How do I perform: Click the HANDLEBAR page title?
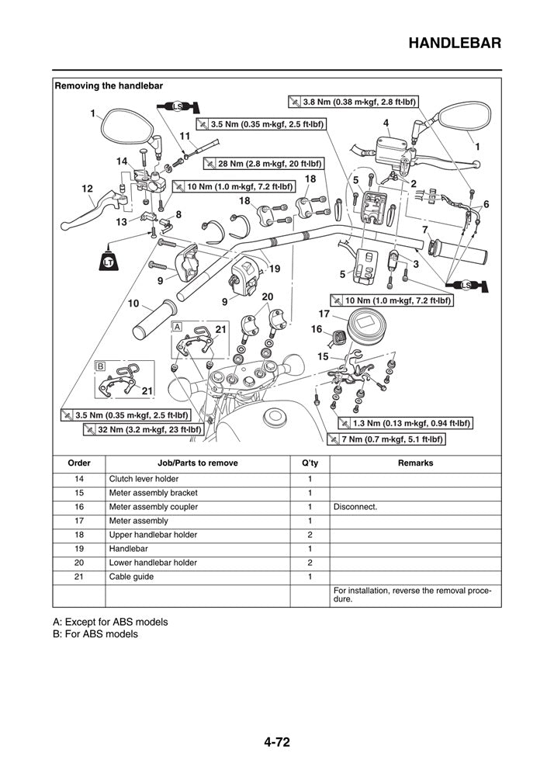click(x=453, y=43)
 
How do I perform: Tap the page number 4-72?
click(x=276, y=742)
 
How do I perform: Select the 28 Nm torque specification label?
click(x=263, y=164)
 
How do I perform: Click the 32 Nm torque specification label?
click(x=144, y=429)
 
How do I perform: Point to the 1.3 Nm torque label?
click(x=405, y=424)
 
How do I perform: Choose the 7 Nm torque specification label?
click(x=392, y=439)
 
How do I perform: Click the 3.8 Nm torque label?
click(x=353, y=102)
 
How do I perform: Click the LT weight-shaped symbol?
click(x=109, y=262)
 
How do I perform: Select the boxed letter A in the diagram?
click(x=177, y=327)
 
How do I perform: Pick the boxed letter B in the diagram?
click(x=100, y=366)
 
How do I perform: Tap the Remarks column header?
click(x=414, y=463)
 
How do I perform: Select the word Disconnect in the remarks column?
click(x=355, y=507)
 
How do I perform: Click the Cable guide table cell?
click(x=131, y=576)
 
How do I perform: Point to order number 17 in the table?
click(x=79, y=521)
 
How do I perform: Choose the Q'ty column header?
click(x=309, y=463)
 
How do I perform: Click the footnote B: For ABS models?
click(x=95, y=634)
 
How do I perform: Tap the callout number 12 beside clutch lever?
click(x=87, y=189)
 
